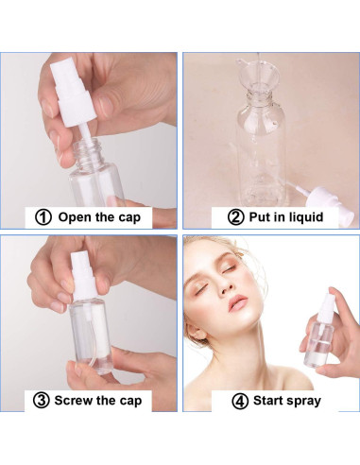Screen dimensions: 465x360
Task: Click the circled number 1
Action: pos(43,216)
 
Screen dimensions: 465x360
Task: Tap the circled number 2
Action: pos(236,216)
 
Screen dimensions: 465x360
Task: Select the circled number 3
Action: pos(43,399)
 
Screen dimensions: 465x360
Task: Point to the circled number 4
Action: pos(240,399)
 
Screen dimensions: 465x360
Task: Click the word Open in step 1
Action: pos(76,216)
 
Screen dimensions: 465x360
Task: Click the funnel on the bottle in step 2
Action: pos(255,76)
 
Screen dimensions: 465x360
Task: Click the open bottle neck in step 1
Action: pos(90,151)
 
